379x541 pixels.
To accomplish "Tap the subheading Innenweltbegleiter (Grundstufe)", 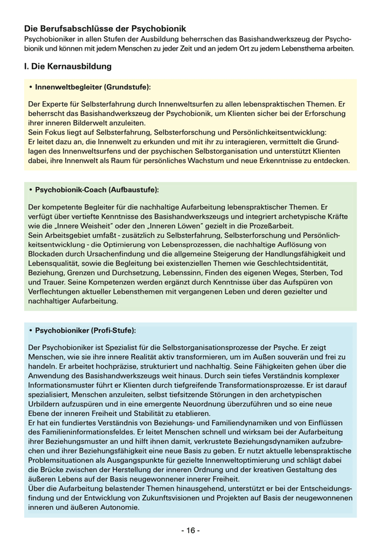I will click(92, 87).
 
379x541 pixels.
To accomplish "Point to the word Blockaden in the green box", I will click(48, 254).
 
